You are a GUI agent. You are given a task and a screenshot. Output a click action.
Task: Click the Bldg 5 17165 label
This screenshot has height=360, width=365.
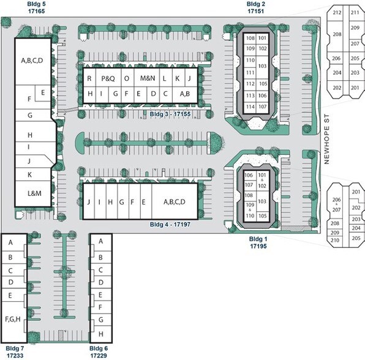point(36,7)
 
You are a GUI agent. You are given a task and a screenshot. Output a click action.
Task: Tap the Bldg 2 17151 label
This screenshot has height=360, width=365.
point(256,7)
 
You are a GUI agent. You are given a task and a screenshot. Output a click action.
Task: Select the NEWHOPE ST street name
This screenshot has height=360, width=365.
point(326,139)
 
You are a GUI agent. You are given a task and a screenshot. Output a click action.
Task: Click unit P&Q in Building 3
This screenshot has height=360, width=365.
point(108,78)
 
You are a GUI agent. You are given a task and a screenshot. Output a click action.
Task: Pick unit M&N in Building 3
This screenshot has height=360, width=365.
point(147,78)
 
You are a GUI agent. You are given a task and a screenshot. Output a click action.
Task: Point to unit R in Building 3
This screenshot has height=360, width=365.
point(89,78)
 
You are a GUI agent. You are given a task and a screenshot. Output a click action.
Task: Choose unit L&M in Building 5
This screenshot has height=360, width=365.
point(34,193)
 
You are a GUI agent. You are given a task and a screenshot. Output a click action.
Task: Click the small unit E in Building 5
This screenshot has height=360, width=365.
point(43,92)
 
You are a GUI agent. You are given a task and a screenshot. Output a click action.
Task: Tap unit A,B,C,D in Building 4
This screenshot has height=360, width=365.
point(175,202)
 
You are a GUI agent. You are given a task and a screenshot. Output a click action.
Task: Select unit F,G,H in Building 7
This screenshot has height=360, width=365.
point(13,319)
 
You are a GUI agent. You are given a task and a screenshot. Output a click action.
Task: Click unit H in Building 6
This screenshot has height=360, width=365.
point(101,334)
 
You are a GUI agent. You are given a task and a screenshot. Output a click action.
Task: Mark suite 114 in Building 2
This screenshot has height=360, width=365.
point(250,107)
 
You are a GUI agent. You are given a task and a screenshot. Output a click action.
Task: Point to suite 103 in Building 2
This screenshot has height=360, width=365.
point(262,66)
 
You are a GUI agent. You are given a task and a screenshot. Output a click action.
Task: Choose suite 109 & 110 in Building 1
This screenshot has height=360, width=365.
point(250,210)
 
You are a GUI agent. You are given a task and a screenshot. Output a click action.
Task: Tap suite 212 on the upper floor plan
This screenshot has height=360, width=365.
point(337,12)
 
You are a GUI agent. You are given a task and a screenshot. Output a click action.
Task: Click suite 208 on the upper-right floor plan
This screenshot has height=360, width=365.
point(337,34)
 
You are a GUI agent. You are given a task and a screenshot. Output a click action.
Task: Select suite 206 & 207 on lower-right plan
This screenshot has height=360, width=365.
point(336,204)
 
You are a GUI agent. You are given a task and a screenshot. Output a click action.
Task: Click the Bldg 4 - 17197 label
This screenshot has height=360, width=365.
point(170,224)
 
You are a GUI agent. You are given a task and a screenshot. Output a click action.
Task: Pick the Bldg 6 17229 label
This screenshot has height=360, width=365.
point(99,352)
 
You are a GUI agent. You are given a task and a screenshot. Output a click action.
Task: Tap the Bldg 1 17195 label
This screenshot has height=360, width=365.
point(258,242)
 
